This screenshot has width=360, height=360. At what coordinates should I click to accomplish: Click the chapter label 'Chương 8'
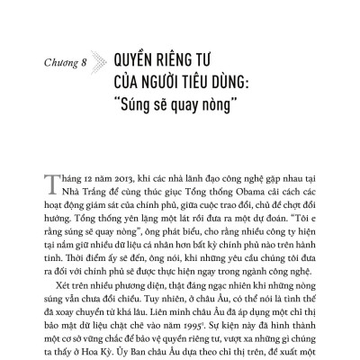[67, 64]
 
